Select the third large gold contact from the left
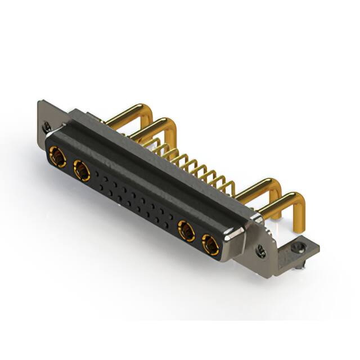[x=186, y=231]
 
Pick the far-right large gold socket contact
[x=210, y=244]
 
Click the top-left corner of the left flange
[x=39, y=103]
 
